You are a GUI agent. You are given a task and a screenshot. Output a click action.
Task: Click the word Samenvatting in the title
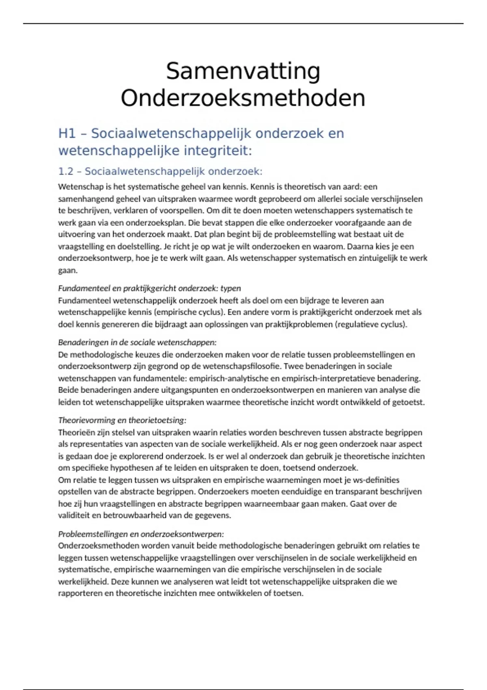coord(243,71)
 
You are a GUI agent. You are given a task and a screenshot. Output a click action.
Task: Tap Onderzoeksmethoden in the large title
coord(243,98)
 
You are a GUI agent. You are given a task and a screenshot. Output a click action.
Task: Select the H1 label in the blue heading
coord(67,133)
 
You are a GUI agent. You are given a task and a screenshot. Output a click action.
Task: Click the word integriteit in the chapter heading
coord(218,151)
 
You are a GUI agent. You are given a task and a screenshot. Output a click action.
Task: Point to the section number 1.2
coord(66,171)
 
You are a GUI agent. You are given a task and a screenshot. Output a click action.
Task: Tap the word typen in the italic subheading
coord(231,288)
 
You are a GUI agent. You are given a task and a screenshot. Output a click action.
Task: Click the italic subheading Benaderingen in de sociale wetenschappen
coord(137,342)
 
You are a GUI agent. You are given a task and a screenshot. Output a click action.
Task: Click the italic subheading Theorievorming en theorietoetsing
coord(122,420)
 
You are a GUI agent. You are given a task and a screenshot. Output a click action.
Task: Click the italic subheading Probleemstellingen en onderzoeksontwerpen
coord(141,534)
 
